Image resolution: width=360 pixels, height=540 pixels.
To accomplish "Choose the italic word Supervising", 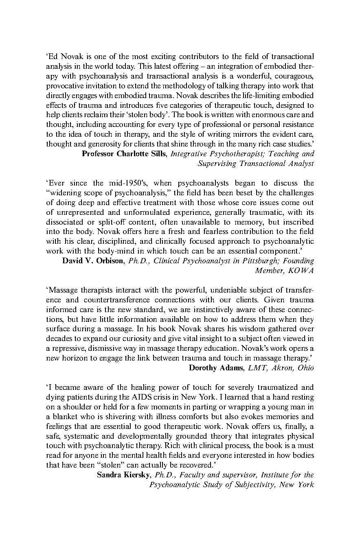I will (216, 164).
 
